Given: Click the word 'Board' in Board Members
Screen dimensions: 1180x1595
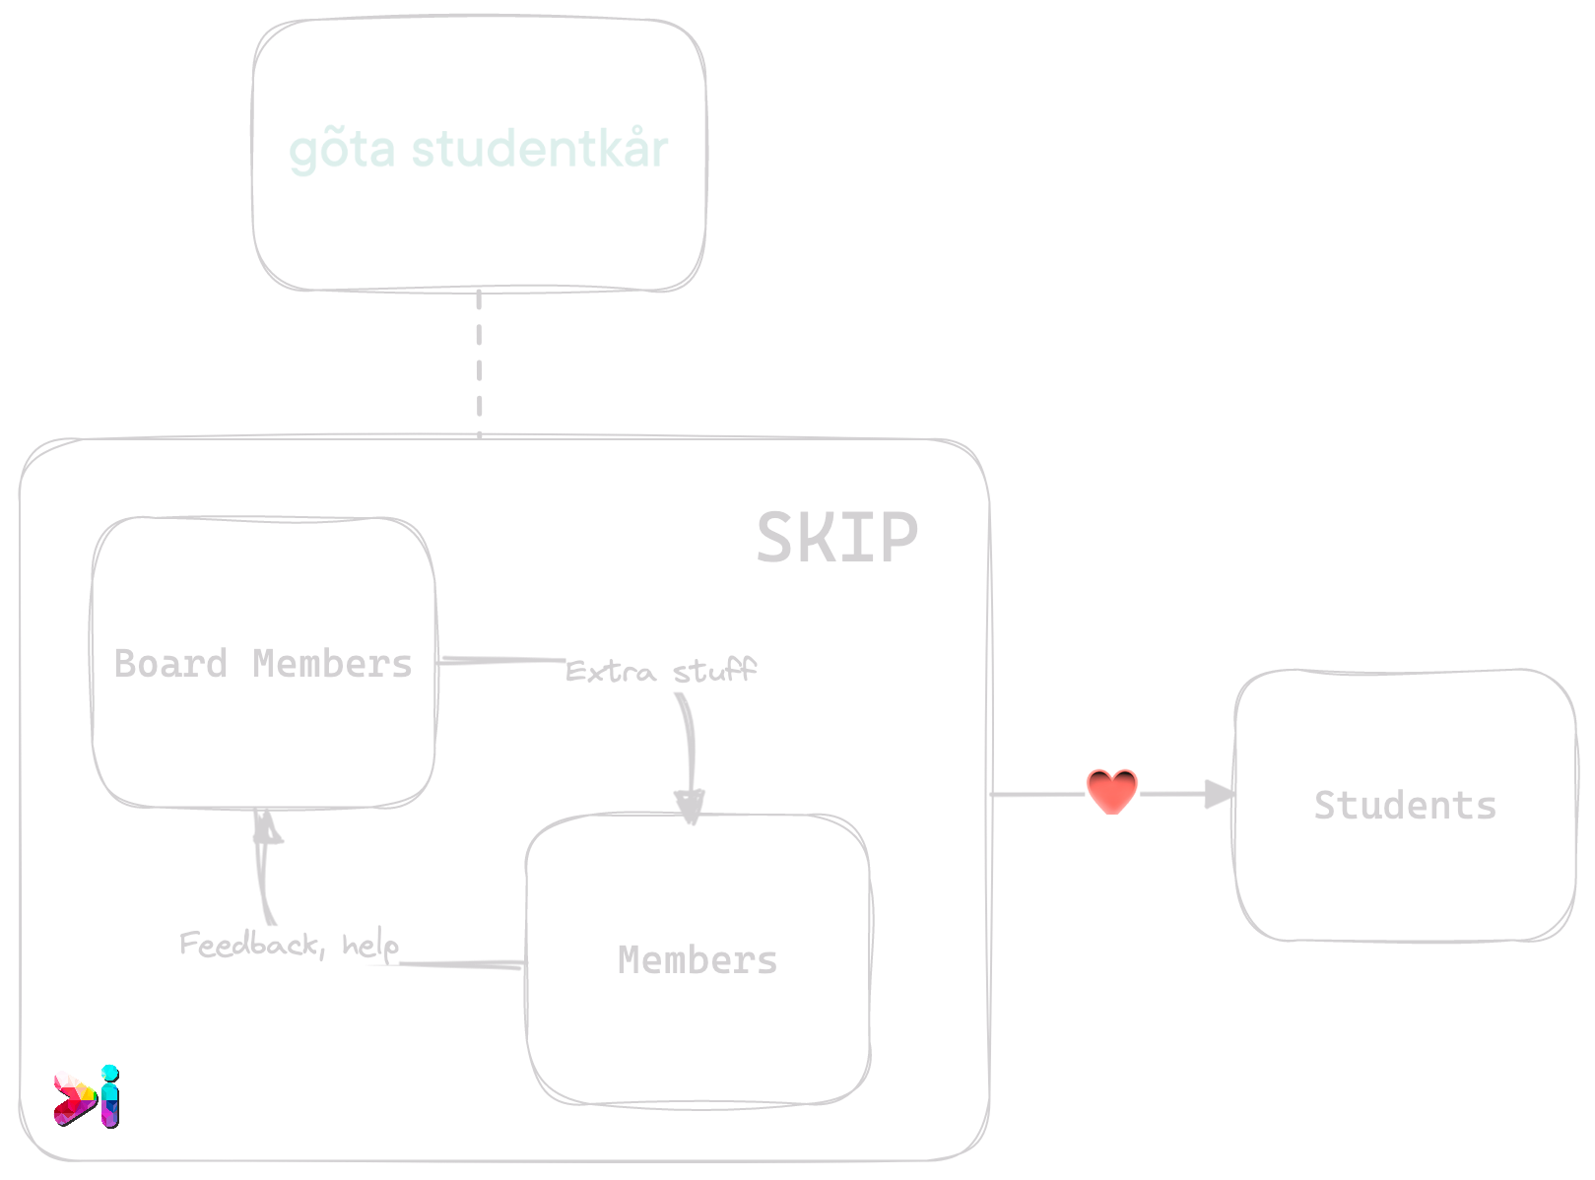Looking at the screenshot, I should coord(171,664).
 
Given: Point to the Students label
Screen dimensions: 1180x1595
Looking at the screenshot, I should coord(1405,806).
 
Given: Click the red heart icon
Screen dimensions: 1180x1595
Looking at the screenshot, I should coord(1111,791).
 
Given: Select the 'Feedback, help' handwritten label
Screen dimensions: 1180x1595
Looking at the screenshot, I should coord(289,945).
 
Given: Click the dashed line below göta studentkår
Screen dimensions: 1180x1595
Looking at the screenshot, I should coord(479,363).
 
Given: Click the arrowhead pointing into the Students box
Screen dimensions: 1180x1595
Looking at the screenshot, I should coord(1219,793).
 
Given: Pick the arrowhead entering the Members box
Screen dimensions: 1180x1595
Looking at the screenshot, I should coord(690,806).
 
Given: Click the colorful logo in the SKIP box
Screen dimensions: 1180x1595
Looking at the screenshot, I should coord(86,1096).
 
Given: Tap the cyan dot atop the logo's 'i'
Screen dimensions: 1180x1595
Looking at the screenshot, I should coord(109,1072).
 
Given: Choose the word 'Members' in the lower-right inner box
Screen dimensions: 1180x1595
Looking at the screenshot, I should coord(698,960).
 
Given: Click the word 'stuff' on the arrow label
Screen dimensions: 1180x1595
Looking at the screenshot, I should coord(714,672).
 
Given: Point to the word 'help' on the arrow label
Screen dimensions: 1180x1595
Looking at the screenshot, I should coord(370,946).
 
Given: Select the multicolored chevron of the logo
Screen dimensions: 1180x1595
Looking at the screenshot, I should coord(73,1098).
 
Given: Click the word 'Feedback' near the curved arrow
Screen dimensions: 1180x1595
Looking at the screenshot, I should coord(250,945).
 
